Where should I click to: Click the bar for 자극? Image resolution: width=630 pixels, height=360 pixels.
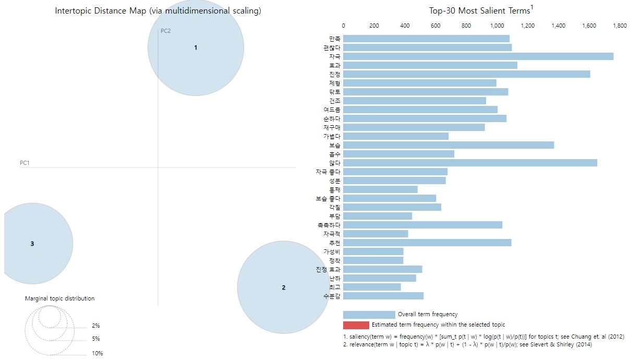(478, 56)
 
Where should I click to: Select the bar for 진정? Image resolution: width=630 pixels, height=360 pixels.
(466, 74)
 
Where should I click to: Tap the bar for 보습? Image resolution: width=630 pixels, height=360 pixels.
(449, 145)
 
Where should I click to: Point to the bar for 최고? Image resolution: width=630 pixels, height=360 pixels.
(372, 287)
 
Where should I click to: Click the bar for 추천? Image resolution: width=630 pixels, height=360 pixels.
(427, 243)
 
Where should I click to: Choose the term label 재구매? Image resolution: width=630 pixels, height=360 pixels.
(332, 127)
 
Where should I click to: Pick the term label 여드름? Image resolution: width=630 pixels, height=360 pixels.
(332, 110)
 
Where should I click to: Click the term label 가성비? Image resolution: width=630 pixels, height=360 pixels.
(332, 251)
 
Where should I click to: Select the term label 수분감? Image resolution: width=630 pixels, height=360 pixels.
(332, 296)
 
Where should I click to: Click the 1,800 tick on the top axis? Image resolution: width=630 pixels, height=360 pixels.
(620, 25)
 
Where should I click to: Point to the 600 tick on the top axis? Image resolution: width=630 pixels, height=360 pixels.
(435, 25)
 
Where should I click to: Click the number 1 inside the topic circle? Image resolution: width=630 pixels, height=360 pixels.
(196, 47)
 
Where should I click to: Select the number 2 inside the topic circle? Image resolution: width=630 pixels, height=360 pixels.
(284, 287)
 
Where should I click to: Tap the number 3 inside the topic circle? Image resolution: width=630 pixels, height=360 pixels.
(32, 244)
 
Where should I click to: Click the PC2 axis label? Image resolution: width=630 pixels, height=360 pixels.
(166, 31)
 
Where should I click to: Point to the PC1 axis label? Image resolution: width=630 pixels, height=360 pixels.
(25, 163)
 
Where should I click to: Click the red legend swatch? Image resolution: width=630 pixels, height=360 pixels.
(356, 325)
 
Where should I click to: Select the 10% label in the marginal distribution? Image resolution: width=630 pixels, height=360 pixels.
(98, 353)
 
